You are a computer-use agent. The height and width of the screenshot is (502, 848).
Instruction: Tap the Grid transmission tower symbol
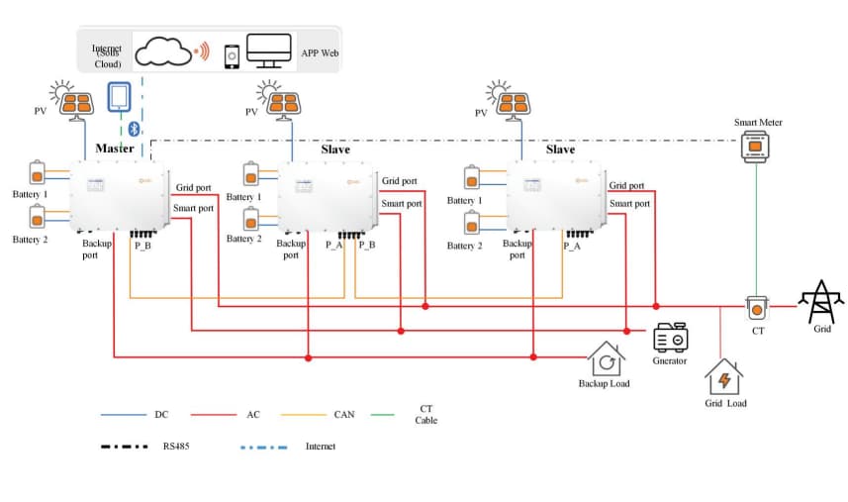[x=821, y=301]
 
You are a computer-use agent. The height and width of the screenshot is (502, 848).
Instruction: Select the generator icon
[x=670, y=338]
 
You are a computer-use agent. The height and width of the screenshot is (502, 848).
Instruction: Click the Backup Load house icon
[x=606, y=358]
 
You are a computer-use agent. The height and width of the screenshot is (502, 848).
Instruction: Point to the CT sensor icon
[x=756, y=308]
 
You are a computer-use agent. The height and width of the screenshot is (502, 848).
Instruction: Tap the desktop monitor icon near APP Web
[x=268, y=50]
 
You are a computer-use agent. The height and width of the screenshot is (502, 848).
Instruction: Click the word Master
[x=115, y=149]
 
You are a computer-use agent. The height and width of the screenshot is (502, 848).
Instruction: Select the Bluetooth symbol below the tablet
[x=135, y=128]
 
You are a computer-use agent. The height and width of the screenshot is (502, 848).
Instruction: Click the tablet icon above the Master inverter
[x=119, y=97]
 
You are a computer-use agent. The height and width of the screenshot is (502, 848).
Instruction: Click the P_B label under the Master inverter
[x=142, y=244]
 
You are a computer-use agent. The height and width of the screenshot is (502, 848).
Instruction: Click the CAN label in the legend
[x=343, y=415]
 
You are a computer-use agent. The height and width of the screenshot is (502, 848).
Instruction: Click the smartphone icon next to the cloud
[x=232, y=55]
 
